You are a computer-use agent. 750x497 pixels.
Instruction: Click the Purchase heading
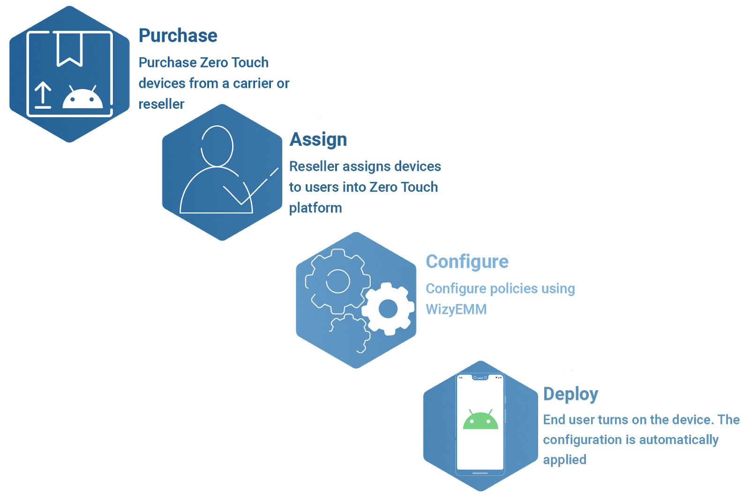(178, 36)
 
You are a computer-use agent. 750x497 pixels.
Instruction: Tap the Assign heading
(318, 140)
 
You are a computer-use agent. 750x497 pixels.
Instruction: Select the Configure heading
(467, 262)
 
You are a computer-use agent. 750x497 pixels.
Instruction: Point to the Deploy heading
(570, 394)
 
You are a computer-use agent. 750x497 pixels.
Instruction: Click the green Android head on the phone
(480, 420)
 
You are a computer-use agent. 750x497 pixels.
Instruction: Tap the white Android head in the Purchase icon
(82, 98)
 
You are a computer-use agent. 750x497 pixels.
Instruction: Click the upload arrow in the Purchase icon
(43, 95)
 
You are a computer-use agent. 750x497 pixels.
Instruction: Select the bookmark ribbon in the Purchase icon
(70, 49)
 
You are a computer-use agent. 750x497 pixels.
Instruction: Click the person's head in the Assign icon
(217, 146)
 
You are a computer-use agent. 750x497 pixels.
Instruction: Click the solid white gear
(388, 309)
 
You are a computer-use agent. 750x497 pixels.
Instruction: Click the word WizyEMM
(456, 309)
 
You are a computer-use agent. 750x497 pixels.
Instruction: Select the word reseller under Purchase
(161, 104)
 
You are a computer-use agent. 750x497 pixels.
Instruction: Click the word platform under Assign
(315, 208)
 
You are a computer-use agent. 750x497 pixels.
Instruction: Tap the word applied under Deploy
(564, 460)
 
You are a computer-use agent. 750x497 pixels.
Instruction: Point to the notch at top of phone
(480, 377)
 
